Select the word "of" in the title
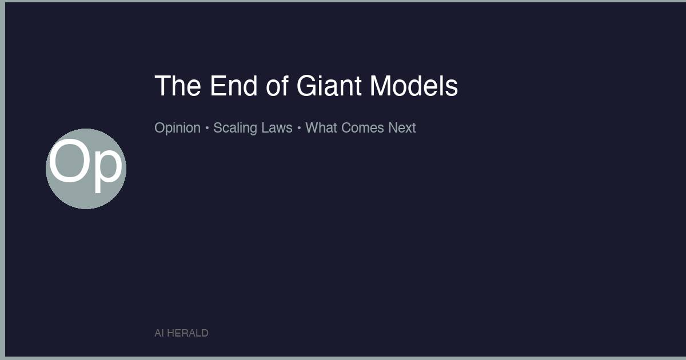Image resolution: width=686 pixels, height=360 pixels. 277,86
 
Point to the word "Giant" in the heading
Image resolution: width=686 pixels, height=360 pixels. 329,86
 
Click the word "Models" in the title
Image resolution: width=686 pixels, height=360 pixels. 413,86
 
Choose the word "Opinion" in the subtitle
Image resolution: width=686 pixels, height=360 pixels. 177,128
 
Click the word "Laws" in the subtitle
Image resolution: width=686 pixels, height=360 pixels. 277,128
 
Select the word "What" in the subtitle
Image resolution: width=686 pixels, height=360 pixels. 321,128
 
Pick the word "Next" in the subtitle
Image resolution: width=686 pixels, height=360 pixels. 402,128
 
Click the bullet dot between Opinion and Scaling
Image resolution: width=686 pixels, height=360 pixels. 207,129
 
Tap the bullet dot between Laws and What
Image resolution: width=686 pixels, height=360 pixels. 299,129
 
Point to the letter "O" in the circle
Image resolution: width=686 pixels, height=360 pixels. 69,163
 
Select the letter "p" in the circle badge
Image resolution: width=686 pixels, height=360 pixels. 107,169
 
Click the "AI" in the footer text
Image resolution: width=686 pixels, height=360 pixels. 159,333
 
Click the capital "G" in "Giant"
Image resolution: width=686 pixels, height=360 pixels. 307,86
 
